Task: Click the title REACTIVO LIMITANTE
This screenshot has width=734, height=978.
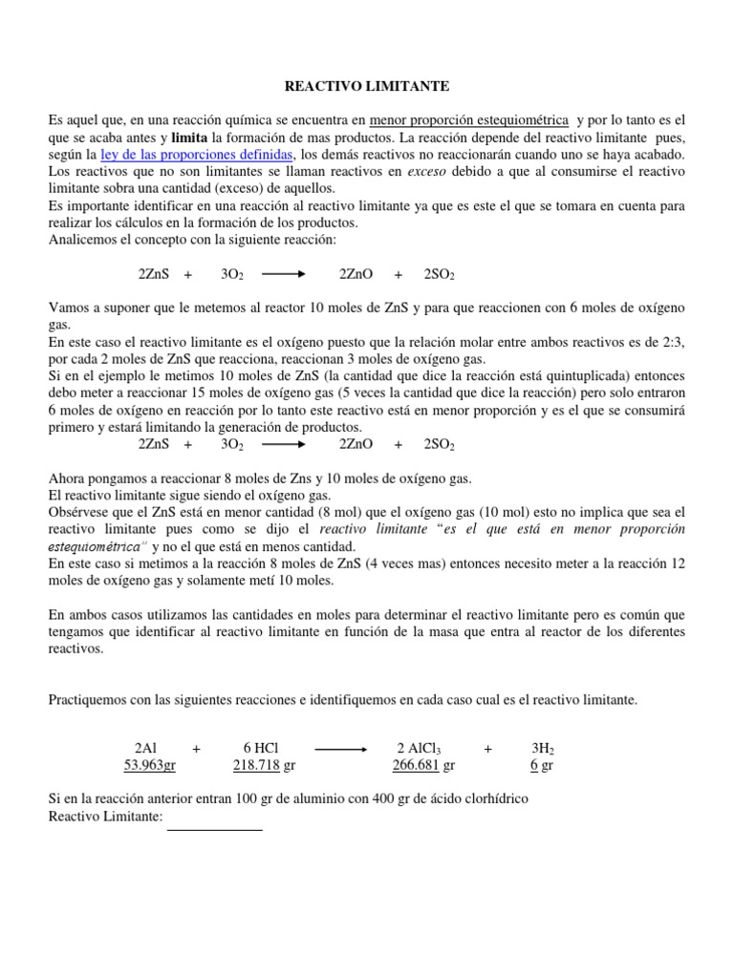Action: click(368, 86)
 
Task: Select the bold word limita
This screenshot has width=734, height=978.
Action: click(190, 137)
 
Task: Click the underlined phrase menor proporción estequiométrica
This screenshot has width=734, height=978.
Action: click(468, 119)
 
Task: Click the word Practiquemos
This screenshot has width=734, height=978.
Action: click(89, 700)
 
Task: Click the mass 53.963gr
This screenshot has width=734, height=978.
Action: click(150, 765)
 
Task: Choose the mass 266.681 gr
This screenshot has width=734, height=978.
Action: click(423, 765)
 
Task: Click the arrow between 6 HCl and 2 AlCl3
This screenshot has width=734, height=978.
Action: click(340, 750)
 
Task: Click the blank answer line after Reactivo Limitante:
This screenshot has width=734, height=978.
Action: click(214, 829)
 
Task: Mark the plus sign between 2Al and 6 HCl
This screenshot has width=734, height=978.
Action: click(197, 749)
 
